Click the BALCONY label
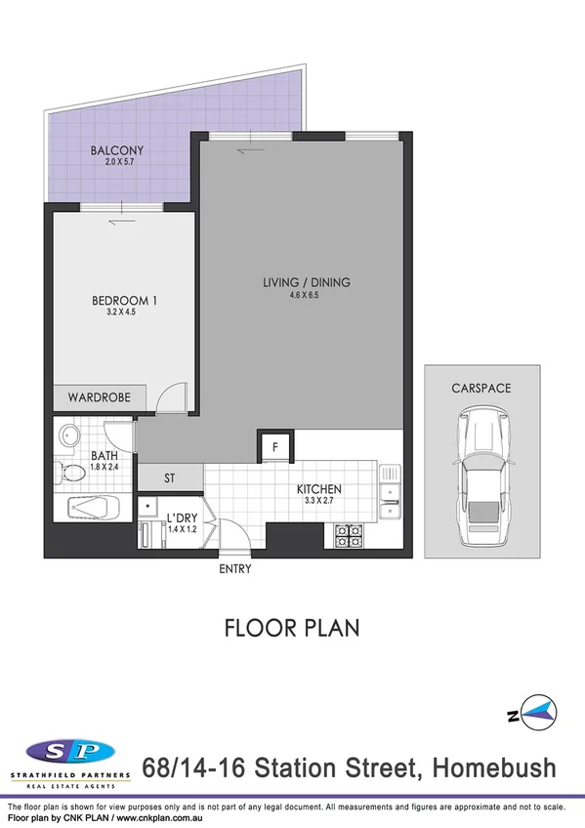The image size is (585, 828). (x=116, y=150)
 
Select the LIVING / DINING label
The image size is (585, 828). (x=306, y=283)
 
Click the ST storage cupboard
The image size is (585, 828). (x=169, y=477)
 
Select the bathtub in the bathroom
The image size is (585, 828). (x=94, y=508)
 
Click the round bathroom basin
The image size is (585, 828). (x=69, y=435)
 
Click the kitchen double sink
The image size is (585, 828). (x=391, y=493)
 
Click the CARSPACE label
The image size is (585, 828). (x=481, y=388)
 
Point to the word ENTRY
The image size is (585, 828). (x=236, y=569)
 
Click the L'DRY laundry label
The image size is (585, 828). (x=183, y=516)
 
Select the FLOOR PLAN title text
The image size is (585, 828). (x=292, y=627)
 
